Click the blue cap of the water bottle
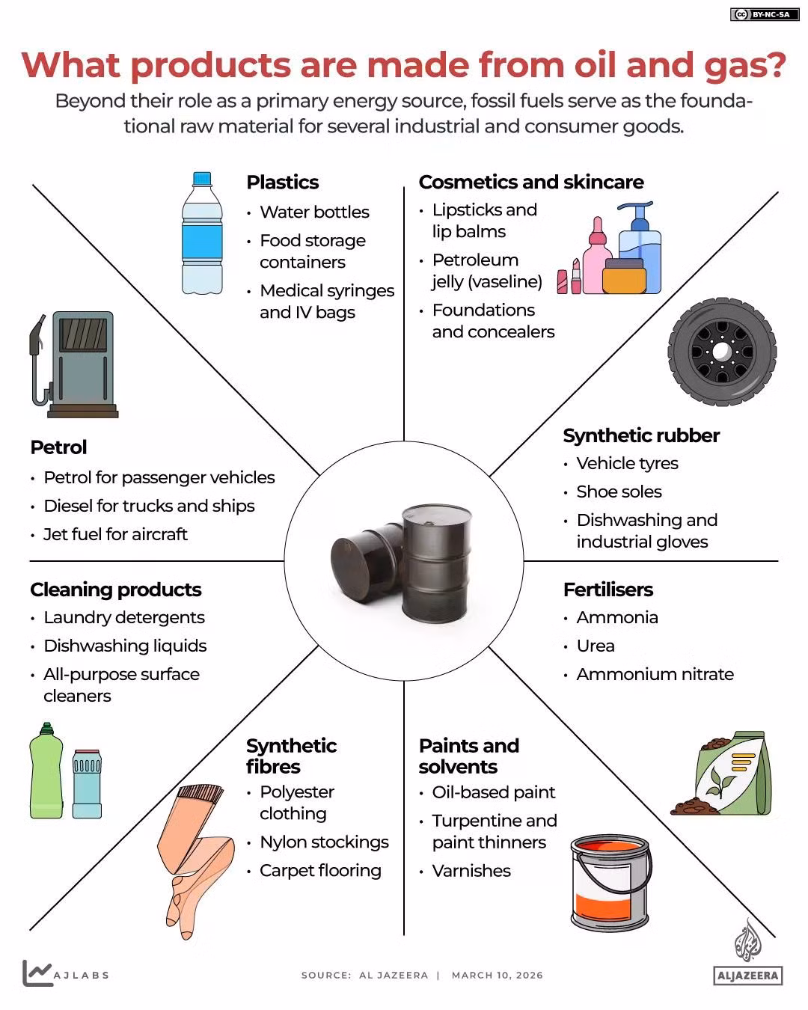(x=202, y=178)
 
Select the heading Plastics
(x=283, y=182)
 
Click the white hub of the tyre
(x=721, y=352)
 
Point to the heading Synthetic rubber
(x=641, y=436)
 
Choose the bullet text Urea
(x=596, y=646)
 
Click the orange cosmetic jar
(x=625, y=276)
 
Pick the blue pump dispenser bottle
(x=640, y=248)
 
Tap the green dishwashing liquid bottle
(x=46, y=771)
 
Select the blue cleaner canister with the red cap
(x=87, y=784)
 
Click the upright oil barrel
(x=437, y=563)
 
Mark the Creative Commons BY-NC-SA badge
(x=765, y=14)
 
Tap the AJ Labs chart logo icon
(x=37, y=973)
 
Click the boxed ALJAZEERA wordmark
(x=748, y=976)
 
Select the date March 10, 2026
(x=498, y=976)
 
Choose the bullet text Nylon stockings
(x=325, y=842)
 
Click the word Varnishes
(x=471, y=871)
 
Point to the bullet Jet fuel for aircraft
(x=115, y=535)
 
